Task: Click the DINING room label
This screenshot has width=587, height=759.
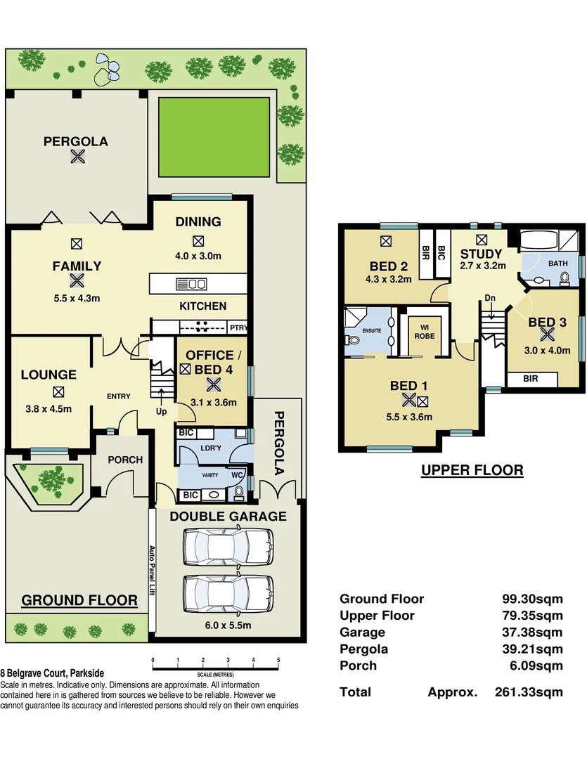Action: coord(198,222)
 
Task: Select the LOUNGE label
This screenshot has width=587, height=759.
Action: coord(49,375)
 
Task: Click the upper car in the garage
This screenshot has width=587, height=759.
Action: coord(227,545)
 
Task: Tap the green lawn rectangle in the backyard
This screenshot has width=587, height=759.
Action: coord(214,137)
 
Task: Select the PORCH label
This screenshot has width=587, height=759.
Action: coord(125,460)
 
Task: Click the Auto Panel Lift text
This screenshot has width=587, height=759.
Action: coord(150,571)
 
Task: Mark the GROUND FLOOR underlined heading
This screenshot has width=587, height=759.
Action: coord(79,600)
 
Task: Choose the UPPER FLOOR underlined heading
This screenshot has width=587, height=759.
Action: coord(472,470)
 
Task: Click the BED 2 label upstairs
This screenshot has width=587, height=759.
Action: coord(389,266)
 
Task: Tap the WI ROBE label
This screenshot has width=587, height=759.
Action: coord(424,331)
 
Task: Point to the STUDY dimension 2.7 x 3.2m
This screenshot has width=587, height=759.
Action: coord(482,266)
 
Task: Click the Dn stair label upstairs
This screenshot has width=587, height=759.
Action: coord(490,298)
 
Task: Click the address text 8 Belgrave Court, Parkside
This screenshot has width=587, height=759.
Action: coord(52,673)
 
